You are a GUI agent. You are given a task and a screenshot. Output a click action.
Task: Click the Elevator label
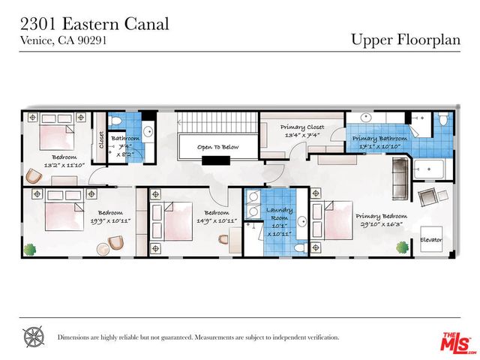[x=430, y=240]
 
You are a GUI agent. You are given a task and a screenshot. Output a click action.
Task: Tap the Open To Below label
[x=218, y=147]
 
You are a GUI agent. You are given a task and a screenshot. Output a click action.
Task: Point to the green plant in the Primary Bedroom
[x=402, y=246]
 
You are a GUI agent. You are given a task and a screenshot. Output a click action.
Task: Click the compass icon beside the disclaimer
[x=34, y=337]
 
